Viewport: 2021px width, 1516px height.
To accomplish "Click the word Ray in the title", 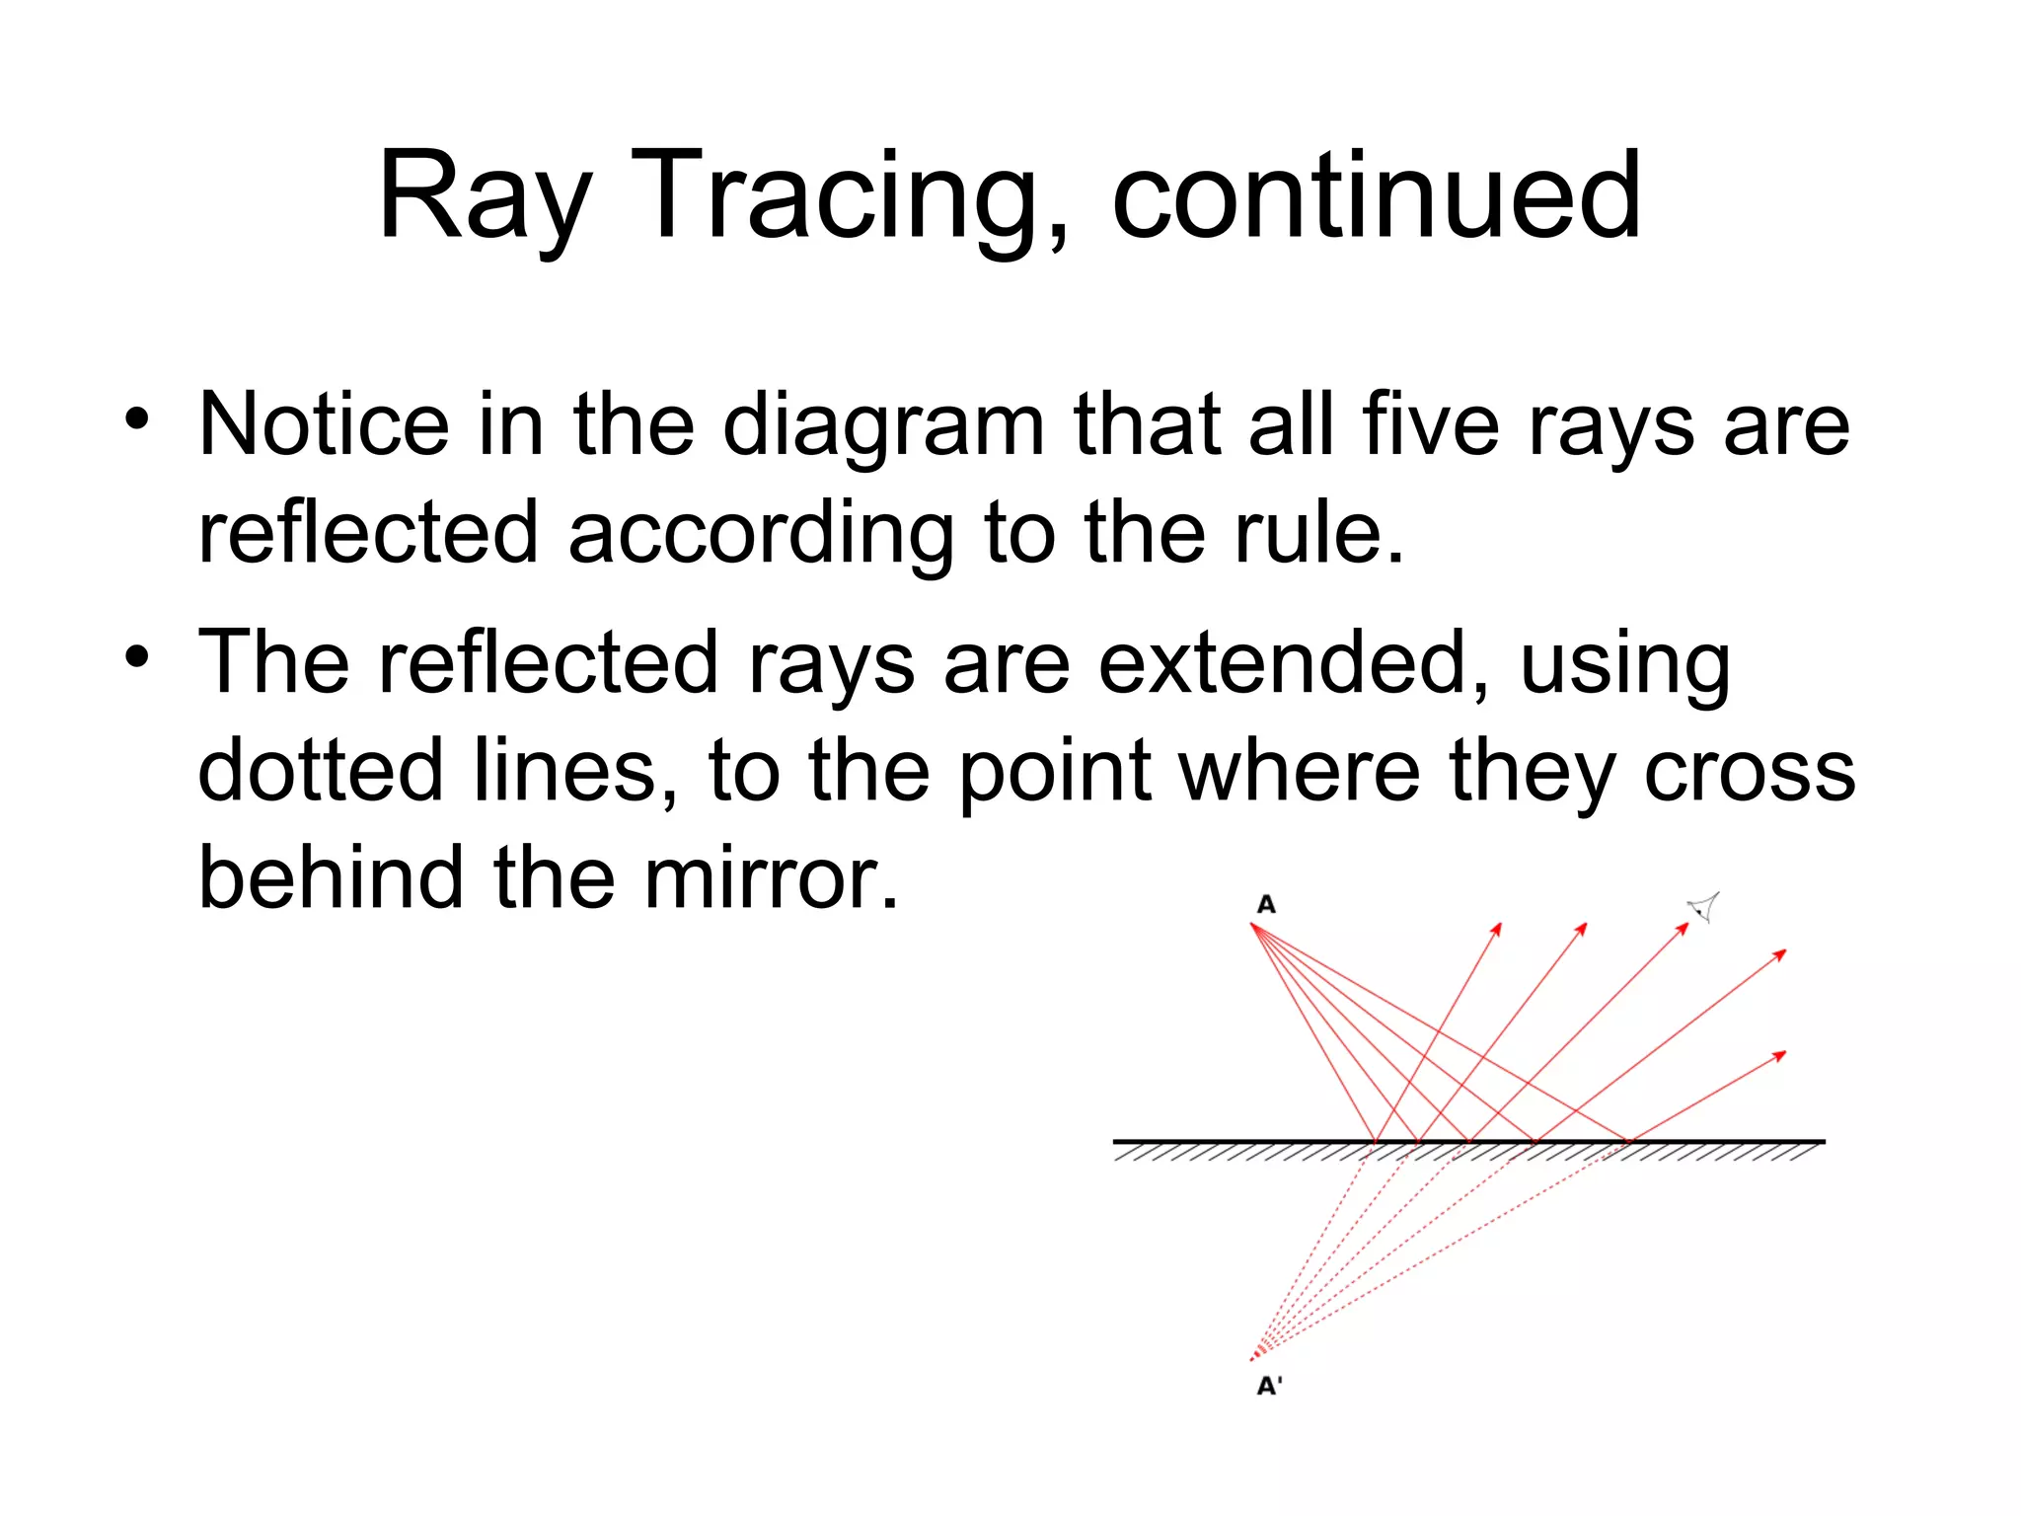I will [x=484, y=195].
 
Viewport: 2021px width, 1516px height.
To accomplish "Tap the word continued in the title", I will [x=1376, y=195].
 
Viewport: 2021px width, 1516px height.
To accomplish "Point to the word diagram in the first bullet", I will [x=883, y=426].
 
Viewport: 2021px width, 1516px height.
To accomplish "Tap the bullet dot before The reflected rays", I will [x=137, y=656].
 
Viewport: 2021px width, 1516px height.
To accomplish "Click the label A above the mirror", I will [x=1266, y=904].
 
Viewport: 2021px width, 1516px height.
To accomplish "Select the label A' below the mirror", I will [x=1268, y=1386].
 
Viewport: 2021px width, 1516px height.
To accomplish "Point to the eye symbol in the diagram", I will [x=1704, y=905].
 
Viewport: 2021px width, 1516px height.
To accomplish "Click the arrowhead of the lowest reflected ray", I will [x=1780, y=1056].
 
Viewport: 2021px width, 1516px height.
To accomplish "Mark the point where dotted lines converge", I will [x=1253, y=1358].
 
